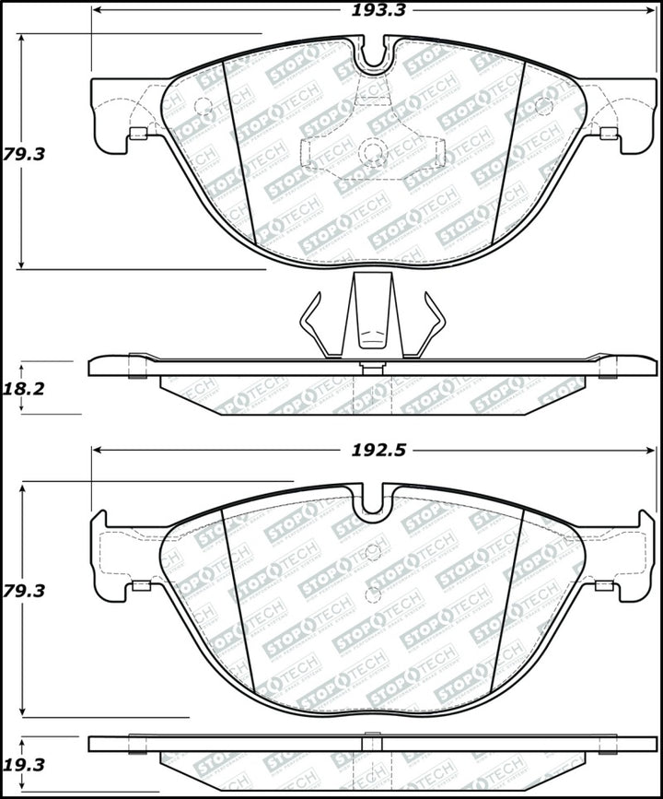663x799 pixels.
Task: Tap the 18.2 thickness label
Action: tap(24, 389)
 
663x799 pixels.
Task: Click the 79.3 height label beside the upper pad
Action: tap(24, 154)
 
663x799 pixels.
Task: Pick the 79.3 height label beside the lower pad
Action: tap(24, 591)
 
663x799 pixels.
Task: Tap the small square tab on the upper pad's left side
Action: tap(138, 134)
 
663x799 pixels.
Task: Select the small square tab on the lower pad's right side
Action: tap(605, 584)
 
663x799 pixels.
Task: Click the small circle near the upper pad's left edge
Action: tap(204, 106)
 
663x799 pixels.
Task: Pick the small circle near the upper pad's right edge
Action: tap(543, 106)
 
